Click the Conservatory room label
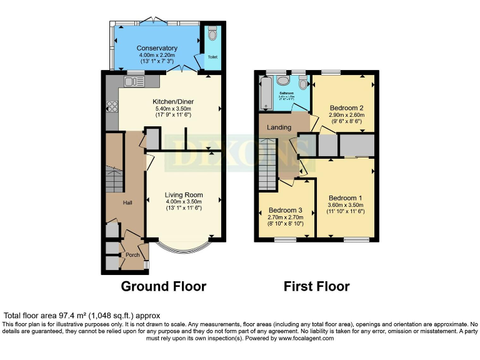coord(157,48)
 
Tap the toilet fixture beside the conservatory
coord(211,32)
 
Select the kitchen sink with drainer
coord(135,81)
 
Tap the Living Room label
coord(184,195)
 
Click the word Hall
coord(127,202)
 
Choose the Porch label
coord(132,255)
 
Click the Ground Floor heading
coord(163,286)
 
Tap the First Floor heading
coord(316,286)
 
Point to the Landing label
coord(279,127)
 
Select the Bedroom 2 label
coord(346,107)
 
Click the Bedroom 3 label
coord(285,210)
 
